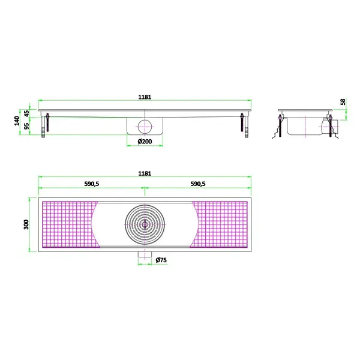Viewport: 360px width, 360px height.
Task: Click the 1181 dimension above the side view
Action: click(145, 97)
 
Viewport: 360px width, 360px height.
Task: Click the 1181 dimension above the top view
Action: click(145, 173)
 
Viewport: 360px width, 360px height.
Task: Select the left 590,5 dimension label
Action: click(92, 184)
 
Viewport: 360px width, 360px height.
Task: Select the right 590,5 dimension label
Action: click(198, 184)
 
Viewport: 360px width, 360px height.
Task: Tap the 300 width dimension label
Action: click(26, 224)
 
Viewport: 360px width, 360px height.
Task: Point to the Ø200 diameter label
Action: click(145, 142)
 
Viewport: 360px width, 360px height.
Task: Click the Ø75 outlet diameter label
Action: click(161, 260)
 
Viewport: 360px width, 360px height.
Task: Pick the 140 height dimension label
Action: click(17, 121)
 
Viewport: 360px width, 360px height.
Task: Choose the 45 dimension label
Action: click(27, 113)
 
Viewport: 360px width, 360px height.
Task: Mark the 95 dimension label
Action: click(27, 126)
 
